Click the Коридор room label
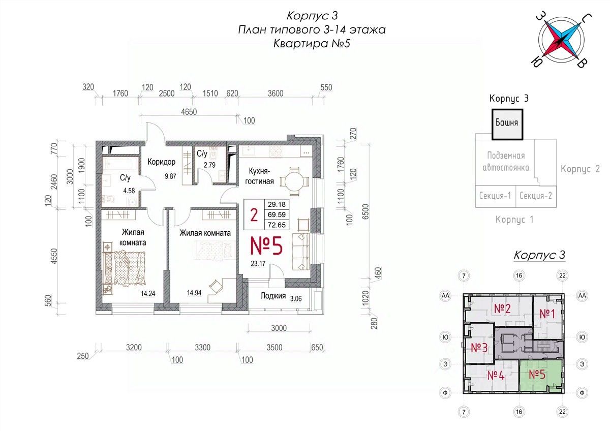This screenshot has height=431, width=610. (x=162, y=162)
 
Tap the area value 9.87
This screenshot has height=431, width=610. (x=170, y=176)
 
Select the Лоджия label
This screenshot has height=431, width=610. (x=273, y=296)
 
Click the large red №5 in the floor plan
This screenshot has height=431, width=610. (x=266, y=245)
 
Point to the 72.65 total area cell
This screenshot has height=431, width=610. (x=277, y=225)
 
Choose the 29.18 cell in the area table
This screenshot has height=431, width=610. (x=277, y=204)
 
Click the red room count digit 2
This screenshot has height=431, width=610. (x=254, y=214)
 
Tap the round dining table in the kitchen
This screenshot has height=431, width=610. (x=294, y=181)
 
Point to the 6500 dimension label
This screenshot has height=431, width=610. (x=365, y=212)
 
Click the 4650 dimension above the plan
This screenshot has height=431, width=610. (x=189, y=112)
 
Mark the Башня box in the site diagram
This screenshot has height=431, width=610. (x=507, y=125)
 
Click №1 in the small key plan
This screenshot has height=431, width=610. (x=547, y=314)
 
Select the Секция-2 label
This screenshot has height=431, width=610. (x=536, y=196)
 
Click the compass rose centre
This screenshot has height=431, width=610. (x=561, y=40)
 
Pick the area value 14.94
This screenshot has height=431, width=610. (x=194, y=293)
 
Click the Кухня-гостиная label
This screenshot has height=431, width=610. (x=260, y=176)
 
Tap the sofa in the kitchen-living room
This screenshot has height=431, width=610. (x=301, y=252)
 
